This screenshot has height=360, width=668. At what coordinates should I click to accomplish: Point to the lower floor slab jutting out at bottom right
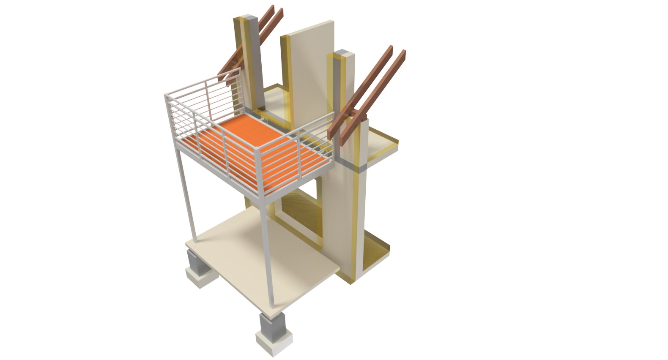pos(376,249)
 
